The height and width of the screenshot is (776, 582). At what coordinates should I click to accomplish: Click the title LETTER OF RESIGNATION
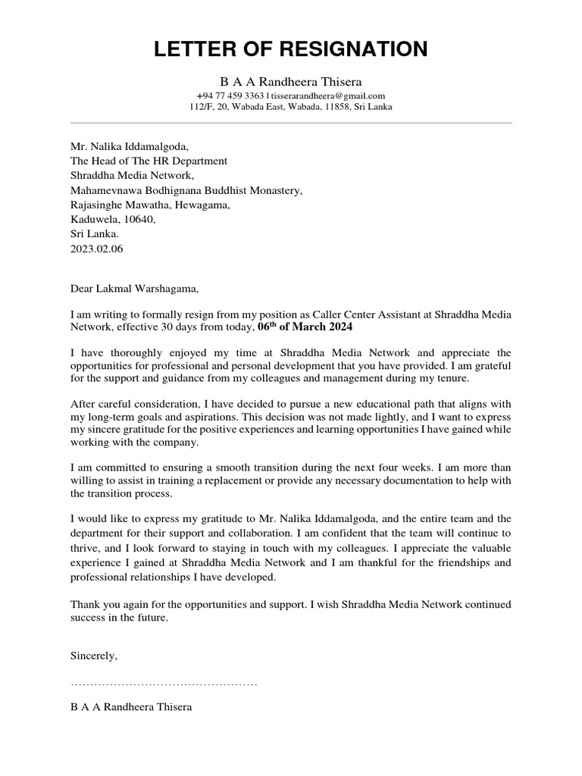point(291,50)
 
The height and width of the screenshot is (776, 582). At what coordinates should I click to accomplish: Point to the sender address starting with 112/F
point(291,108)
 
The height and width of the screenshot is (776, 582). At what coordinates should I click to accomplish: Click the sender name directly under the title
point(291,81)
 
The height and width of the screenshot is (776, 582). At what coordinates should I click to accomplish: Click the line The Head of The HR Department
point(149,161)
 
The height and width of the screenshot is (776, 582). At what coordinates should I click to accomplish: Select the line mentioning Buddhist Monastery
point(186,190)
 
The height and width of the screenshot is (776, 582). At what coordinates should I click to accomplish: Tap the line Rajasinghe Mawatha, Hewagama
point(149,205)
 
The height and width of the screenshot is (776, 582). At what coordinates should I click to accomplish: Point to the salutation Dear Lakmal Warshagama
point(137,288)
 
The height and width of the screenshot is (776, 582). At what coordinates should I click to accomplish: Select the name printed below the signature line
point(131,707)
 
